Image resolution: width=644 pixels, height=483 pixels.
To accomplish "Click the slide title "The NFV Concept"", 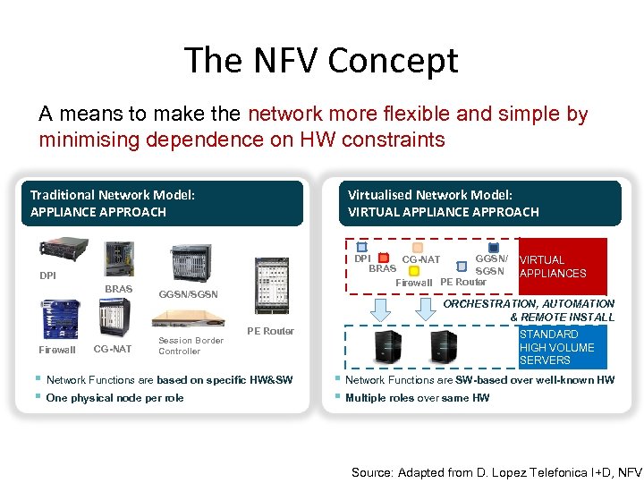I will tap(321, 61).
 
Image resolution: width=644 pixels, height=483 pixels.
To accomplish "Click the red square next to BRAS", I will tap(382, 258).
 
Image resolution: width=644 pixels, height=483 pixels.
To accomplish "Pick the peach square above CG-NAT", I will tap(418, 248).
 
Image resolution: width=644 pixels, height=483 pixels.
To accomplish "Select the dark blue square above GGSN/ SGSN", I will tap(493, 248).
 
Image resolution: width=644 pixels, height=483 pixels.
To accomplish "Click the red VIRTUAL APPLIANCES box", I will tap(562, 267).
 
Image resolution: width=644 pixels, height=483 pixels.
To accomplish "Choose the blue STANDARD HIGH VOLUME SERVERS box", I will tap(562, 347).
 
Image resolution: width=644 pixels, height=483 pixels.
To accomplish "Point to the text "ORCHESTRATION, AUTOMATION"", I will tap(530, 304).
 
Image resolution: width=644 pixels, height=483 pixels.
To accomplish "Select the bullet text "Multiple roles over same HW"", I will tap(417, 398).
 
